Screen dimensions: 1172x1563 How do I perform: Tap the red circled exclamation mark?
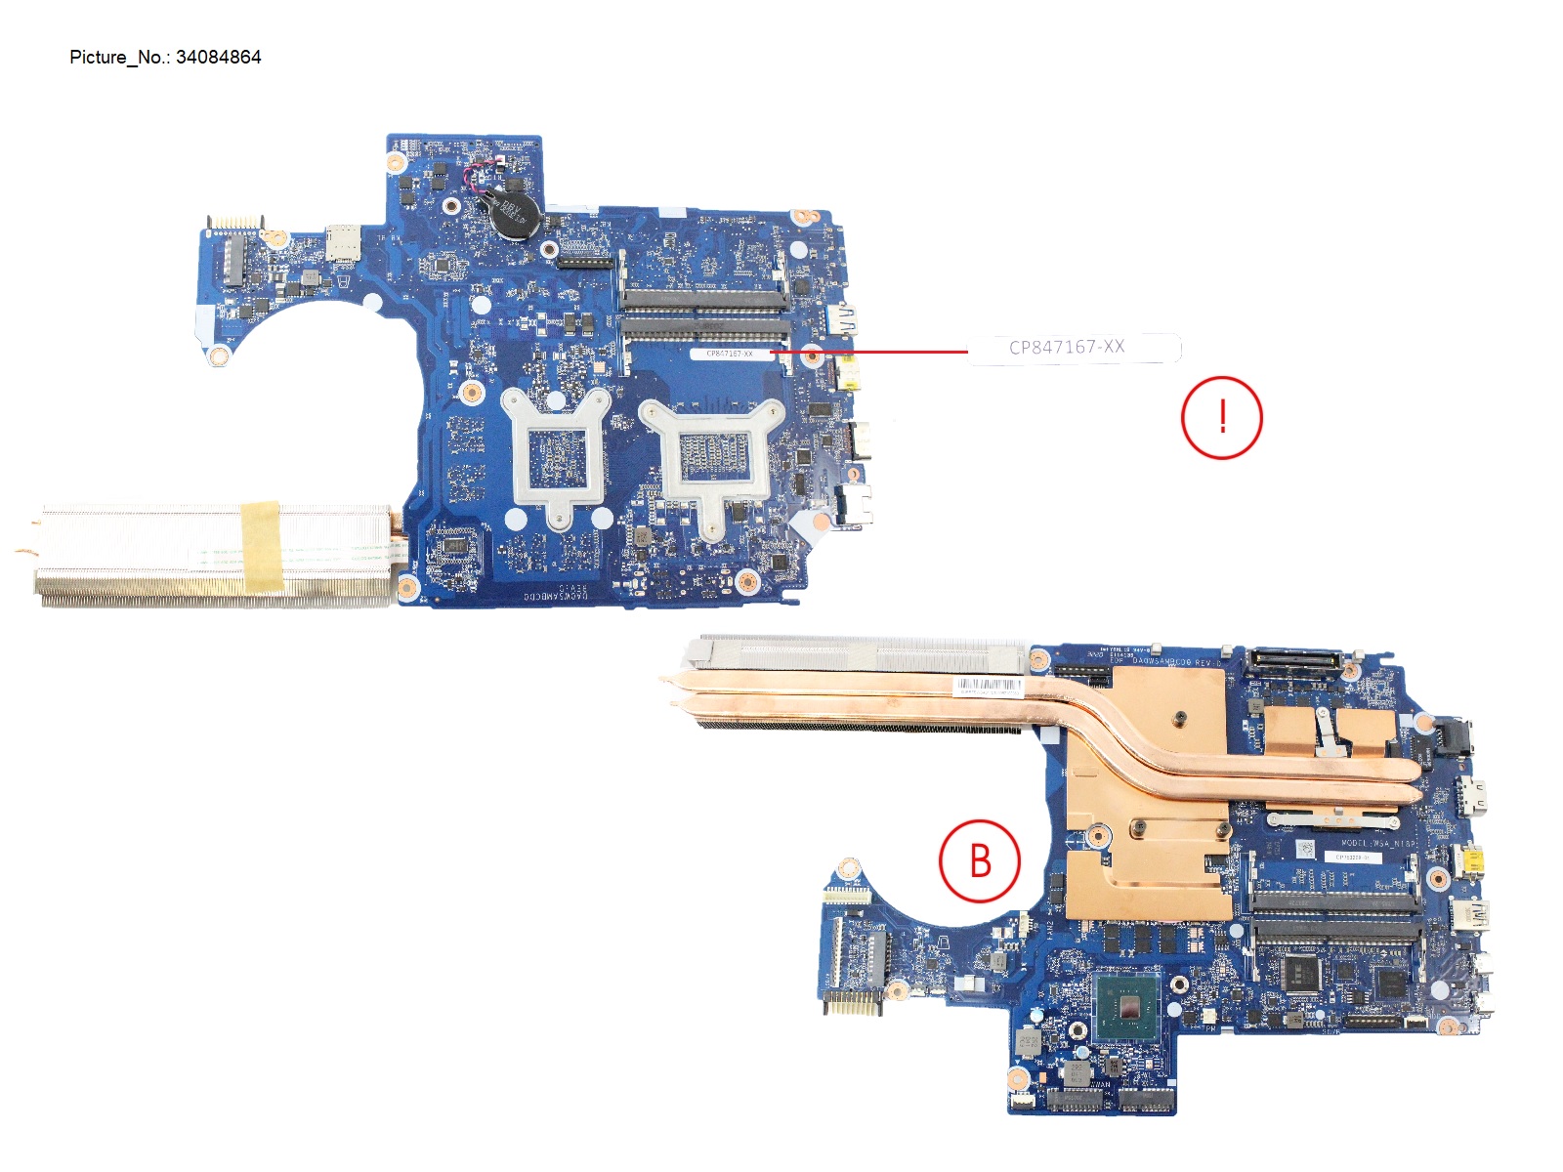pyautogui.click(x=1221, y=418)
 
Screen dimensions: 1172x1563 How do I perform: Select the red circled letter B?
pyautogui.click(x=980, y=861)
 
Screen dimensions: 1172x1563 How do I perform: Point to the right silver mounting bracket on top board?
pyautogui.click(x=712, y=459)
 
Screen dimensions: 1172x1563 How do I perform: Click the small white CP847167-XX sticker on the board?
pyautogui.click(x=729, y=354)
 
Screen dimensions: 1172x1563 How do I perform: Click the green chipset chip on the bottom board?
pyautogui.click(x=1126, y=1008)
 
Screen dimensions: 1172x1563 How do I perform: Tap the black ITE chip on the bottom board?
pyautogui.click(x=1300, y=973)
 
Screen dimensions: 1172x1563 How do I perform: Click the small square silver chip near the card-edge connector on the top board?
pyautogui.click(x=341, y=239)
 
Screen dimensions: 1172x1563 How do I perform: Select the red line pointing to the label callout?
pyautogui.click(x=869, y=350)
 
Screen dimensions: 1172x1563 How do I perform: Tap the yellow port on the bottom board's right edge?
pyautogui.click(x=1469, y=862)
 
